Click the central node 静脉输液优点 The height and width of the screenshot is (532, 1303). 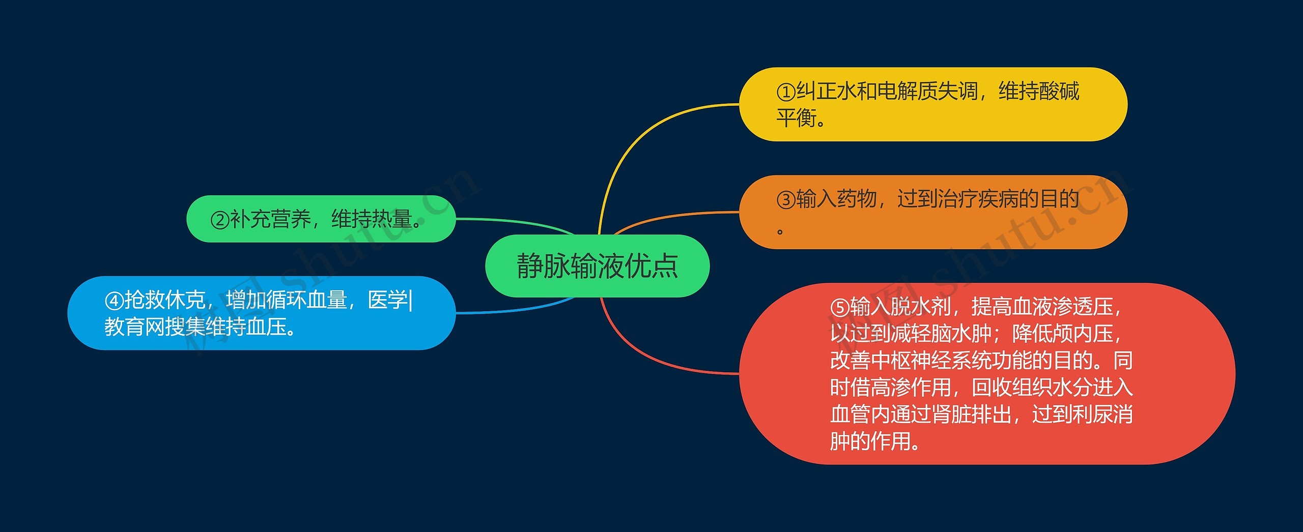click(597, 265)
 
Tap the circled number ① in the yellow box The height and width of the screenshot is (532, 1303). click(786, 92)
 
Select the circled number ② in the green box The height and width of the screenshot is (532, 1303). click(220, 220)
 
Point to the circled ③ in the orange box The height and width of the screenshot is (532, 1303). click(786, 199)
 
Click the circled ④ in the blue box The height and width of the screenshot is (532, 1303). click(114, 301)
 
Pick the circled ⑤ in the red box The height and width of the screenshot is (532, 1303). click(840, 307)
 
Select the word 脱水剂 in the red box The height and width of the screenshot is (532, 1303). click(920, 307)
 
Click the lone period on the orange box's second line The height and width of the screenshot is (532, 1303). click(780, 232)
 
